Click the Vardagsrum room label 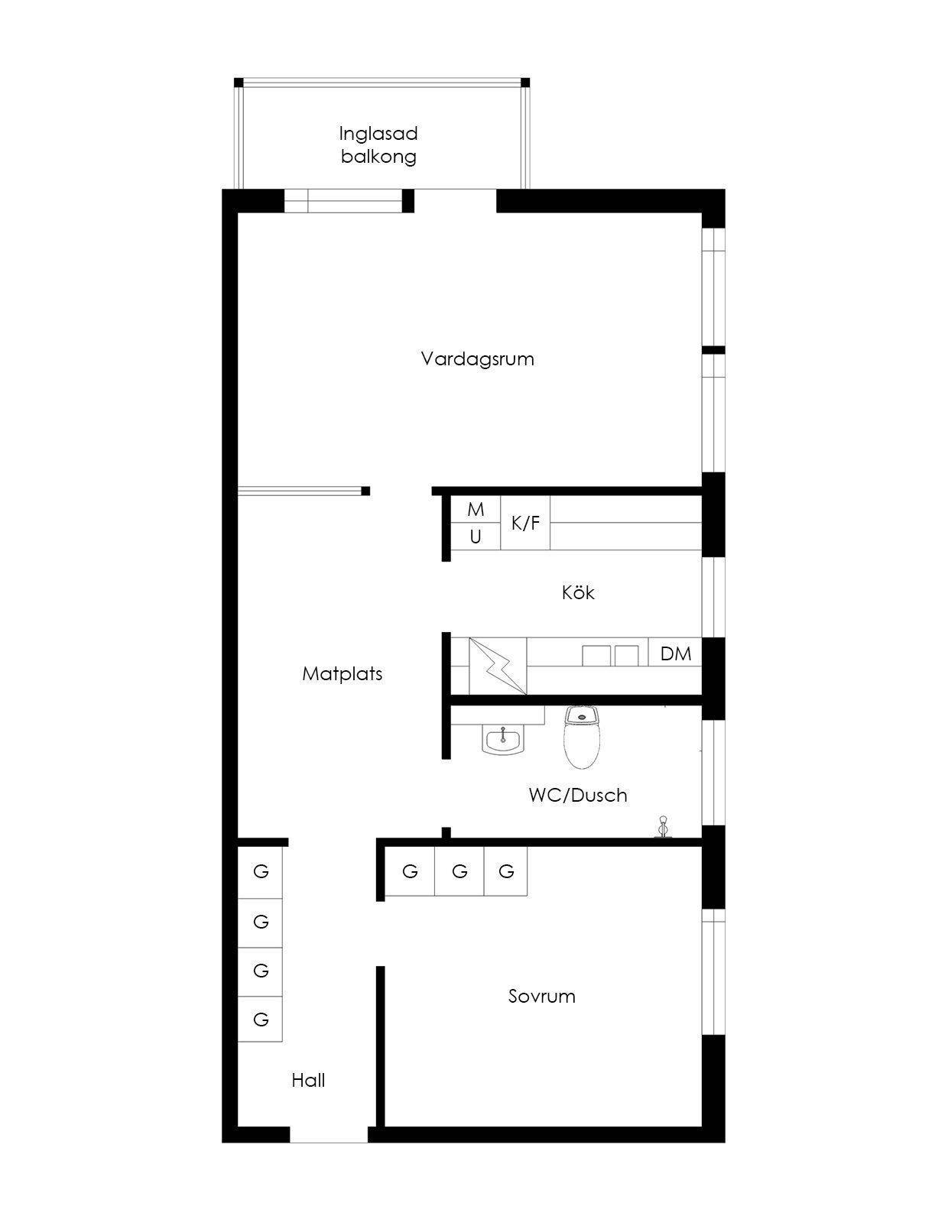pos(477,359)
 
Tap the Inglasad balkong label pos(378,144)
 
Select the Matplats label pos(343,674)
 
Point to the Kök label pos(578,592)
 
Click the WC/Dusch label pos(578,796)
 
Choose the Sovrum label pos(542,997)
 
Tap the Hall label pos(308,1081)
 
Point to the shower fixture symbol pos(663,828)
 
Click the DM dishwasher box pos(675,653)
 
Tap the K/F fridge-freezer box pos(525,523)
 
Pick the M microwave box pos(475,509)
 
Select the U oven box pos(475,537)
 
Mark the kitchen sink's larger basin pos(596,656)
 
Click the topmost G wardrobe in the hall pos(260,872)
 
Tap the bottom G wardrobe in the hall pos(260,1019)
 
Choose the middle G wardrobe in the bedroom pos(459,870)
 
